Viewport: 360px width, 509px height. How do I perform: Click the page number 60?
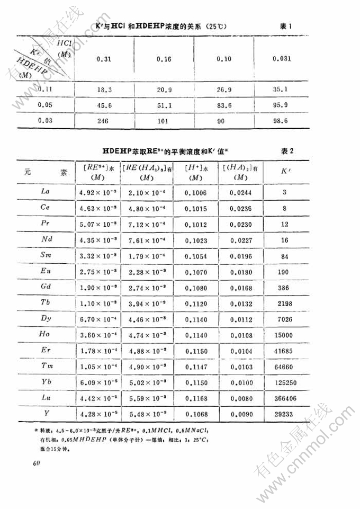click(36, 463)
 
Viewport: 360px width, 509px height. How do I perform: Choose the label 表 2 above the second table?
click(287, 151)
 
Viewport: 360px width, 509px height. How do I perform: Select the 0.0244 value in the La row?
click(240, 190)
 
